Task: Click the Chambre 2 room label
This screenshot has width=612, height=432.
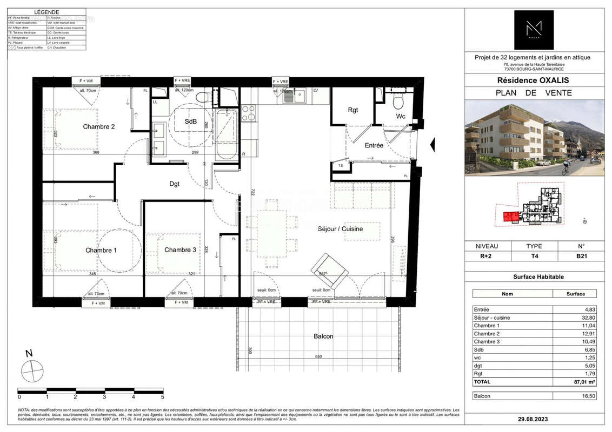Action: click(x=99, y=127)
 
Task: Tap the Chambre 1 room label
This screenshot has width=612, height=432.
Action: click(x=101, y=251)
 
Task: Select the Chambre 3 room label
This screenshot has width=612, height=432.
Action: click(x=180, y=250)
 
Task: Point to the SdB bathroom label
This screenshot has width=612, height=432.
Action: click(x=191, y=122)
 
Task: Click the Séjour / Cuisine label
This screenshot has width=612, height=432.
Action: click(x=340, y=229)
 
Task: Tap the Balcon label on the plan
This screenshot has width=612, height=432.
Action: click(x=323, y=336)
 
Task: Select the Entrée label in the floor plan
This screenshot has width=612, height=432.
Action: click(x=374, y=146)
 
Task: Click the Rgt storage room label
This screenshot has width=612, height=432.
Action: click(x=353, y=110)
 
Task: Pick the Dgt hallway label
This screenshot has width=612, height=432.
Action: click(x=174, y=184)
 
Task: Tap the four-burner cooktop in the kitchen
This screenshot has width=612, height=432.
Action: click(x=248, y=113)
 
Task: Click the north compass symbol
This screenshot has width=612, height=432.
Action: click(x=31, y=370)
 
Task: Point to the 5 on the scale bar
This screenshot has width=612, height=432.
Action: click(x=162, y=396)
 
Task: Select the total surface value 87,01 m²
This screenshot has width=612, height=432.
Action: click(x=575, y=381)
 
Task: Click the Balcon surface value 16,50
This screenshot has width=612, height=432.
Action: click(x=575, y=396)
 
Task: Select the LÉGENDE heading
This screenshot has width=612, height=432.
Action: click(x=47, y=12)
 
